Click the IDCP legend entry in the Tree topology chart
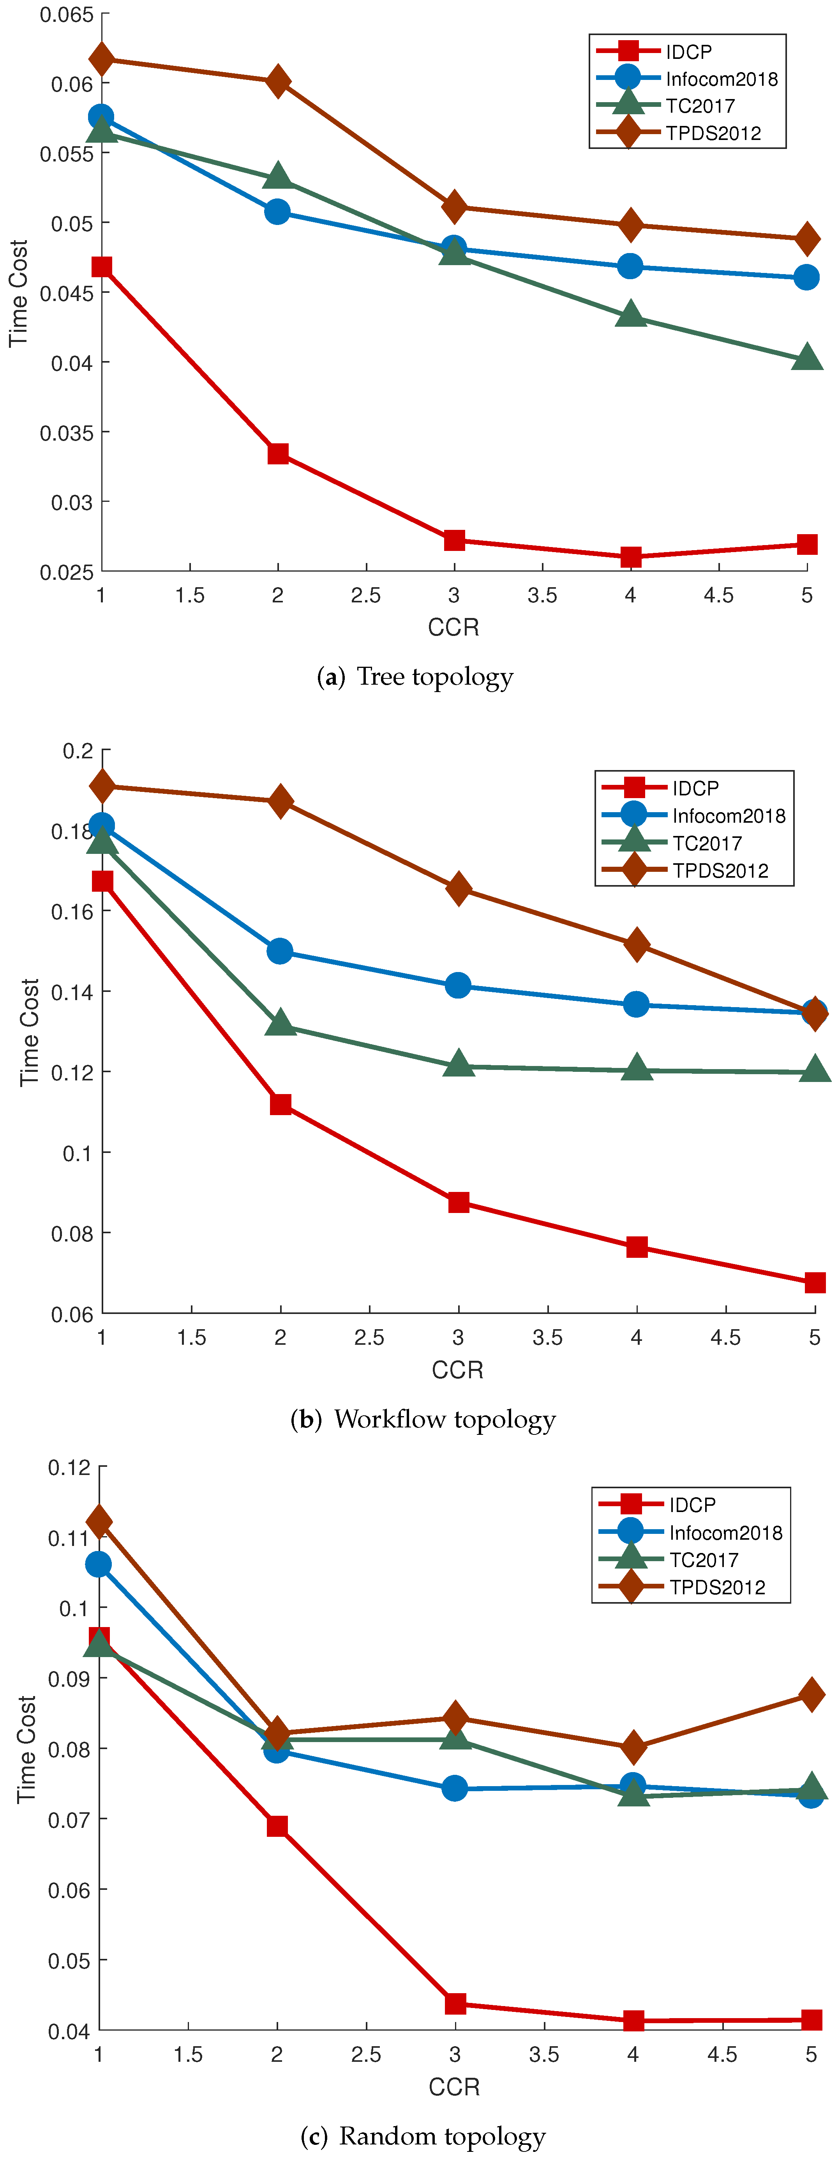pyautogui.click(x=688, y=52)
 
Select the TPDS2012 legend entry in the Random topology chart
pyautogui.click(x=717, y=1587)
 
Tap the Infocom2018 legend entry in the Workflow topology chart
pyautogui.click(x=728, y=816)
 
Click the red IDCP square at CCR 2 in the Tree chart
pyautogui.click(x=278, y=454)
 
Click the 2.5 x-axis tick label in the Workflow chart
pyautogui.click(x=369, y=1337)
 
